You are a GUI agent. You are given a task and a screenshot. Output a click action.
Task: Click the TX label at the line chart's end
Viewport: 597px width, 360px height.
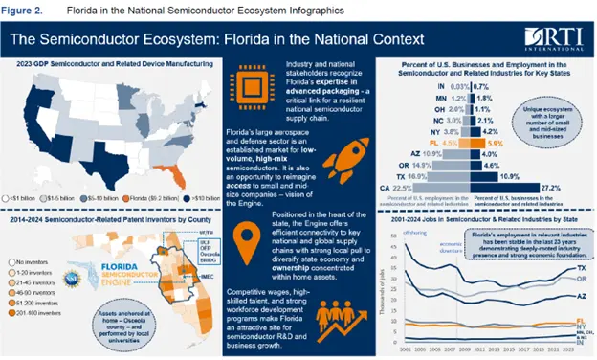pyautogui.click(x=581, y=268)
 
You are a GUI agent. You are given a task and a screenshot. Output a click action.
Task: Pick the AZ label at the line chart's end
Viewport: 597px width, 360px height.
pyautogui.click(x=581, y=296)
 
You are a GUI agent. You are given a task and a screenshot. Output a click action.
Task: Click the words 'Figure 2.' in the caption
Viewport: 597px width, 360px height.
pyautogui.click(x=25, y=11)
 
